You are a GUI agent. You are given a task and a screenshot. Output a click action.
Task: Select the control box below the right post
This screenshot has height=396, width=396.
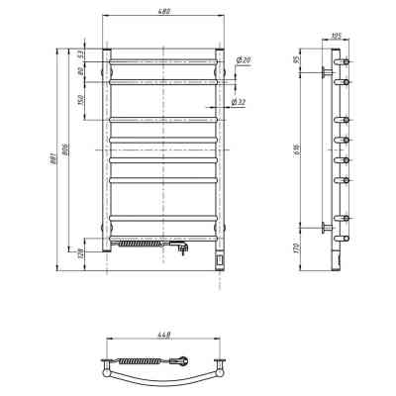(x=219, y=260)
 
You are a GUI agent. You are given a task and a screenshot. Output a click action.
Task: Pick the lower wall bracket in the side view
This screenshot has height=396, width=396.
(x=327, y=228)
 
